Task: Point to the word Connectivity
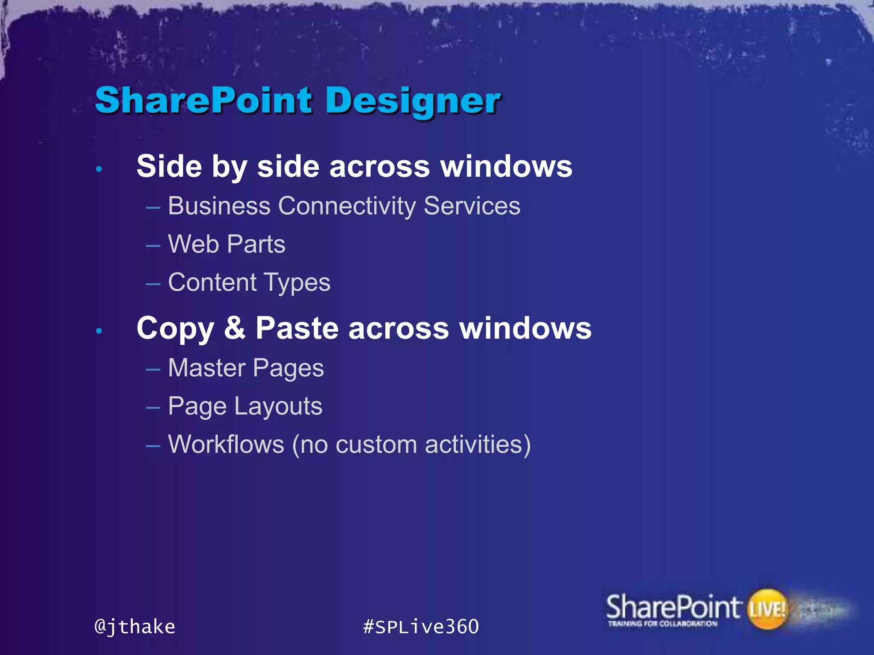point(347,206)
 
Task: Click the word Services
point(472,206)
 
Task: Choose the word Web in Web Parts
point(193,244)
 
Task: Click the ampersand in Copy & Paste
point(235,328)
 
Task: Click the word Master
point(207,368)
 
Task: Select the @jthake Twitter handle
point(135,627)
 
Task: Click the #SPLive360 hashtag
point(421,627)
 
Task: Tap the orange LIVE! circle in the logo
point(767,609)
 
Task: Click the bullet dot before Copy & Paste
point(99,331)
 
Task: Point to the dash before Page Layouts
point(153,408)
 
